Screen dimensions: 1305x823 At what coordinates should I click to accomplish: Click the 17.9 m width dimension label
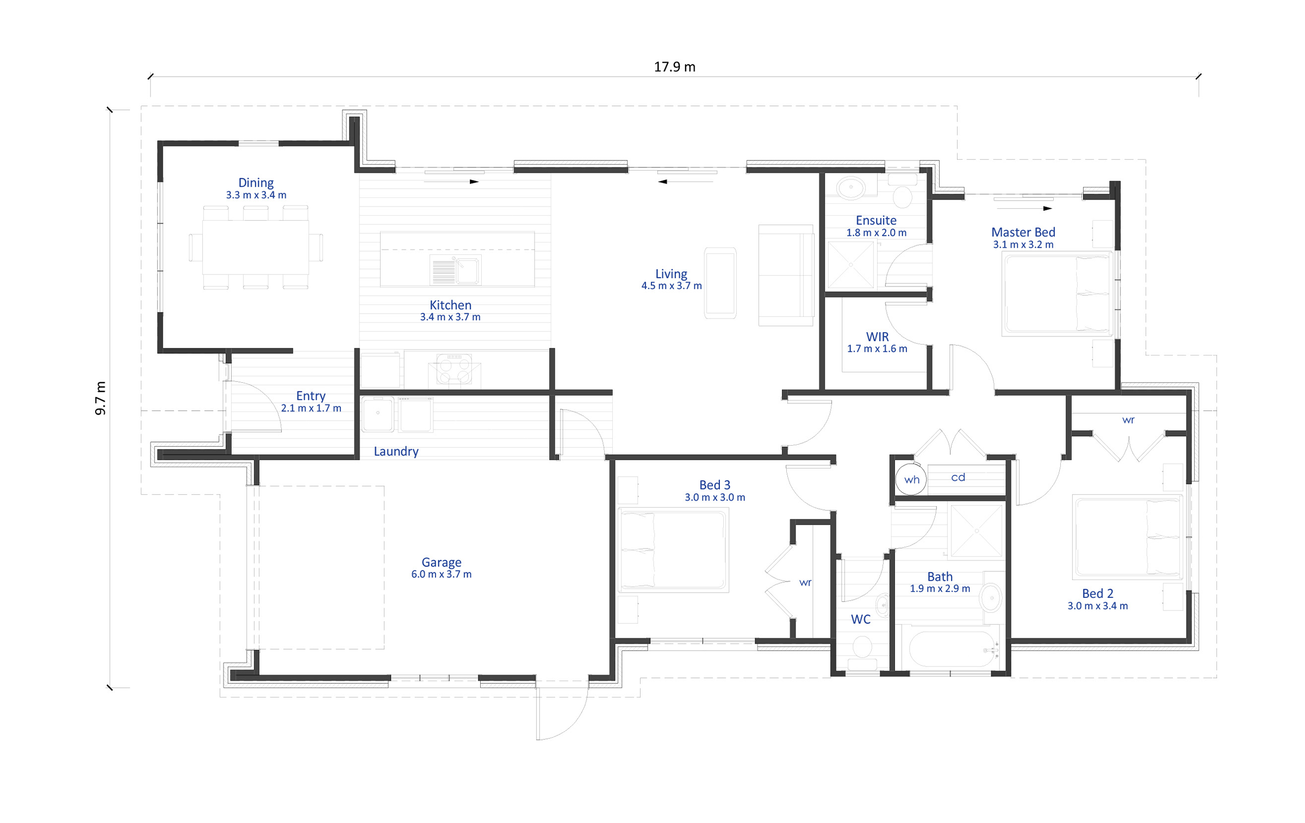coord(674,67)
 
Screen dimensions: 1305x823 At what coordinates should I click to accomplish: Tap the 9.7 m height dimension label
coord(101,398)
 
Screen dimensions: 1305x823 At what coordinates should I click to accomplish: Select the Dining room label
coord(256,183)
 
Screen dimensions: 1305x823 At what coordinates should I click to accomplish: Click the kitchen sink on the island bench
coord(456,270)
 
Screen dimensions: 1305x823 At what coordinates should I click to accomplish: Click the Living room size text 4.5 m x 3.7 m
coord(672,285)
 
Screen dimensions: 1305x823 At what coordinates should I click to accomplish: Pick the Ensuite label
coord(876,220)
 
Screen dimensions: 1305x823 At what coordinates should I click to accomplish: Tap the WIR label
coord(877,336)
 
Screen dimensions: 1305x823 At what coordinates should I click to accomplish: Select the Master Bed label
coord(1023,232)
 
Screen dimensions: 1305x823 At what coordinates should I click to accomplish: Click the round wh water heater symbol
coord(911,479)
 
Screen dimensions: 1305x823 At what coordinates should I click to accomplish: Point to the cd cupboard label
coord(958,477)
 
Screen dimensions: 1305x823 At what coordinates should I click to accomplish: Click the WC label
coord(860,619)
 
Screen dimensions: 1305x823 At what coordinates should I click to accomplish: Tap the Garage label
coord(442,562)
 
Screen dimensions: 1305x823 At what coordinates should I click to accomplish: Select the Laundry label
coord(396,451)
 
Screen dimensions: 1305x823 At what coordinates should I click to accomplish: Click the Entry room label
coord(310,396)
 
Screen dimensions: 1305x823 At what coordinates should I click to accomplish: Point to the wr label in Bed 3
coord(805,583)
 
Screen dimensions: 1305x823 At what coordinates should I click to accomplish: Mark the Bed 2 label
coord(1097,594)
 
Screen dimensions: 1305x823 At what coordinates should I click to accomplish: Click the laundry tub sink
coord(377,414)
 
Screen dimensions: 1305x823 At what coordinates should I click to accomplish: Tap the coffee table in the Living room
coord(720,283)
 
